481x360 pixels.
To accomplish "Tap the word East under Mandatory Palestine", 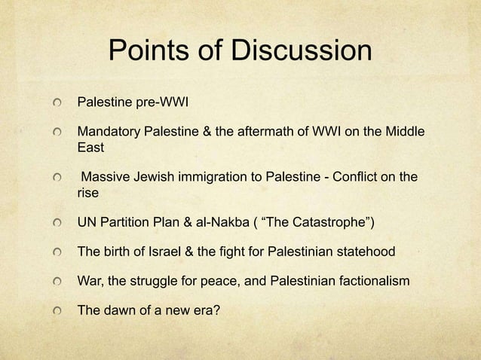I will [91, 148].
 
